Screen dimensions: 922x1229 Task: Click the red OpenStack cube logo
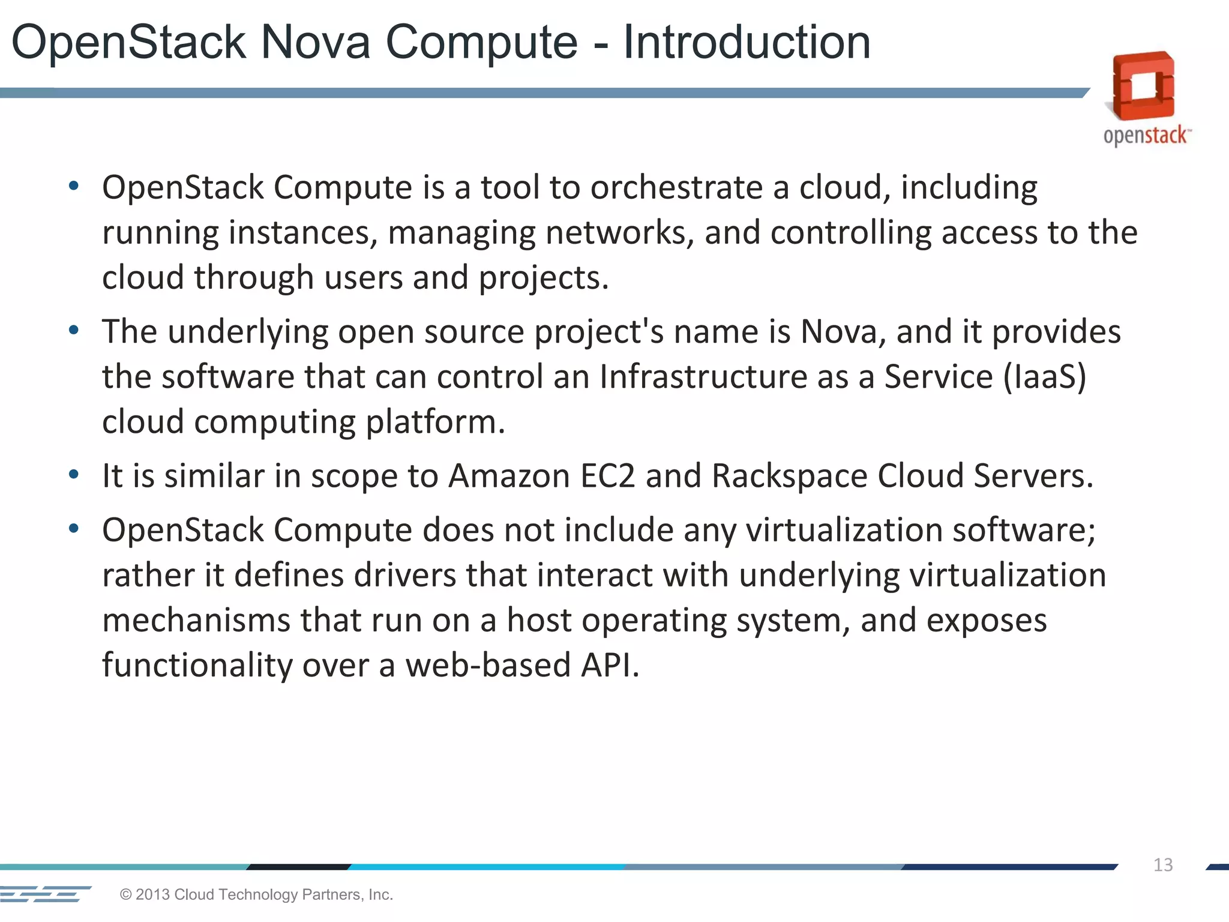1143,86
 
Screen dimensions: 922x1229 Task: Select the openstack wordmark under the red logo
1146,136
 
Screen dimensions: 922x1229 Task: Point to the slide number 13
1162,865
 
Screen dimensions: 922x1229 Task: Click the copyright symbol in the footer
125,894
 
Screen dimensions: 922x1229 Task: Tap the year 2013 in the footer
152,894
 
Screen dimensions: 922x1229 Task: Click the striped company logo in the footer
45,894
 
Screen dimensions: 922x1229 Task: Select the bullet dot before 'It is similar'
74,475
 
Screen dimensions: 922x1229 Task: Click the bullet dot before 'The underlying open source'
74,330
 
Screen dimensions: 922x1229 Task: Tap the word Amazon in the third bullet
509,476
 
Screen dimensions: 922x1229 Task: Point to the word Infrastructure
724,377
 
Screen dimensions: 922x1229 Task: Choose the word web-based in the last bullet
488,665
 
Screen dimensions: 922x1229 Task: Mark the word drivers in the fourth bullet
405,575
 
